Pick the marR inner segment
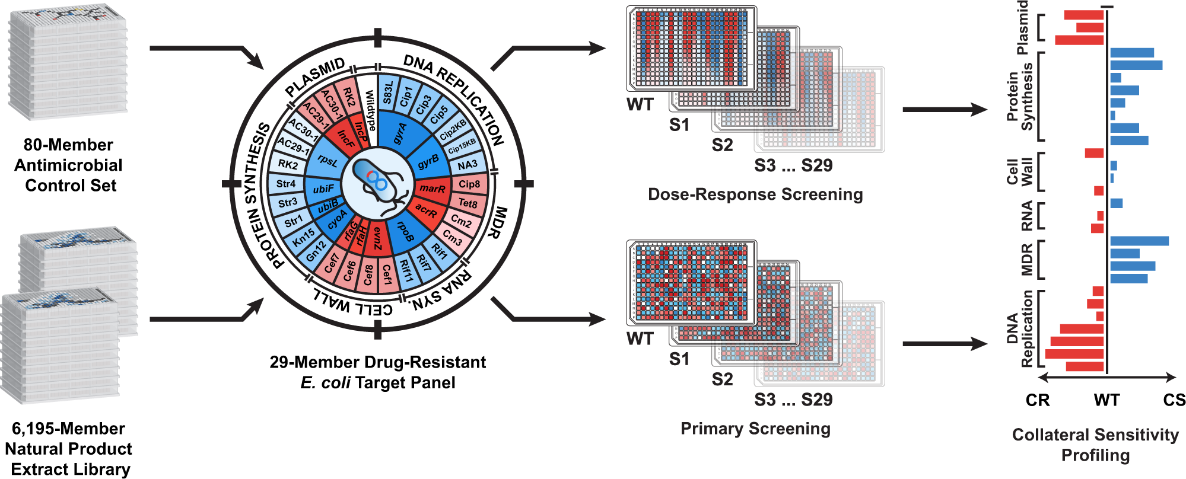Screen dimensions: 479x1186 pos(432,189)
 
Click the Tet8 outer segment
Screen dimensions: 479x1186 pos(468,203)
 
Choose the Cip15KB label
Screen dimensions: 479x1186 pos(462,146)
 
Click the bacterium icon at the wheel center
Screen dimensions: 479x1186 pos(378,184)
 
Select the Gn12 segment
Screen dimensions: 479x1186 pos(316,250)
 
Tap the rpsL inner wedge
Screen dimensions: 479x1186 pos(327,160)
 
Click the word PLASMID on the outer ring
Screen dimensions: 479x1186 pos(315,78)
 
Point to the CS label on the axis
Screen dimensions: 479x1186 pos(1174,400)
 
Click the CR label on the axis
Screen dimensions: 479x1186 pos(1038,400)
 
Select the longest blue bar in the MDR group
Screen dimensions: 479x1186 pos(1139,241)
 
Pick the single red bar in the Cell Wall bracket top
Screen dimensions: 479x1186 pos(1094,153)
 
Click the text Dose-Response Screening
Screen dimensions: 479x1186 pos(755,194)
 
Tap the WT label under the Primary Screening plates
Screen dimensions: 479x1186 pos(640,339)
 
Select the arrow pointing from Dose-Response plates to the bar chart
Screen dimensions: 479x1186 pos(943,109)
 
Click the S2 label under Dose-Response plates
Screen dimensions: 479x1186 pos(722,145)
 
